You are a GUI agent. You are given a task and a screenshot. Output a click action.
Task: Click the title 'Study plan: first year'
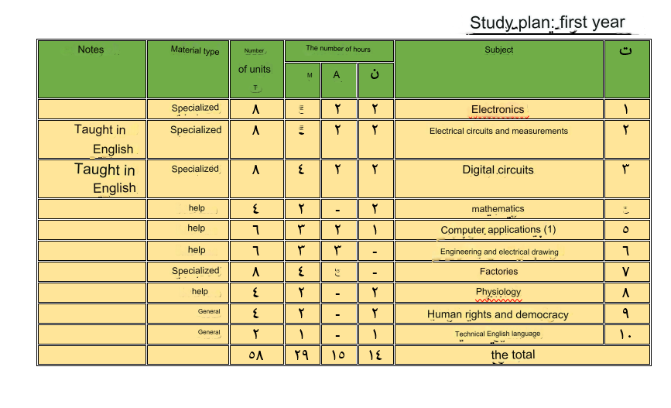546,22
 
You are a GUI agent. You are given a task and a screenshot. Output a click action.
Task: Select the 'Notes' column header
91,50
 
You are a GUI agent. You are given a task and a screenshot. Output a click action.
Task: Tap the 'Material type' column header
195,51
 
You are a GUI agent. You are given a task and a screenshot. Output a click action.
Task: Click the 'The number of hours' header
338,49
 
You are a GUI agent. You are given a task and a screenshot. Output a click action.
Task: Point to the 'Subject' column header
498,50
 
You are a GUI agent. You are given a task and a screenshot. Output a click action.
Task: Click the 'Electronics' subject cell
498,109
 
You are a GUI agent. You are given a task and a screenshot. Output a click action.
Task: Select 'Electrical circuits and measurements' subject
498,131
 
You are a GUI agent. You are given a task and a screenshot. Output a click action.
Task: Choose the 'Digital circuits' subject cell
498,170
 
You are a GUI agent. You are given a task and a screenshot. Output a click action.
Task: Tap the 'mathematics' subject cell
498,209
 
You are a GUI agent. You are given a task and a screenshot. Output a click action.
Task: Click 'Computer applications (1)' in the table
498,230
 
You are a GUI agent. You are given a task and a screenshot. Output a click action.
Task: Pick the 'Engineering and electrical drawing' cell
498,252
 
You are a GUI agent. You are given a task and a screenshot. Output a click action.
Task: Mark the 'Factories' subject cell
498,272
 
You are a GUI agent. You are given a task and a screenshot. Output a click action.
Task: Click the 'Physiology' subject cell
498,292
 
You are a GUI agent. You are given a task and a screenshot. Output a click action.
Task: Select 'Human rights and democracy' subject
498,314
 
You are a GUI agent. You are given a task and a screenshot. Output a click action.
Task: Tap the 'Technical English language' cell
498,334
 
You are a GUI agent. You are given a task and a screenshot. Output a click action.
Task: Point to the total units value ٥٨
256,355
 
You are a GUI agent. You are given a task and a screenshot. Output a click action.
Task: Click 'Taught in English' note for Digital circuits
104,179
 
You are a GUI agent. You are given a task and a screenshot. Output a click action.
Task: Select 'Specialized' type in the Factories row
195,271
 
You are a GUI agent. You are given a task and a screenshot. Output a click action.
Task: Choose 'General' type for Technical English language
209,332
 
